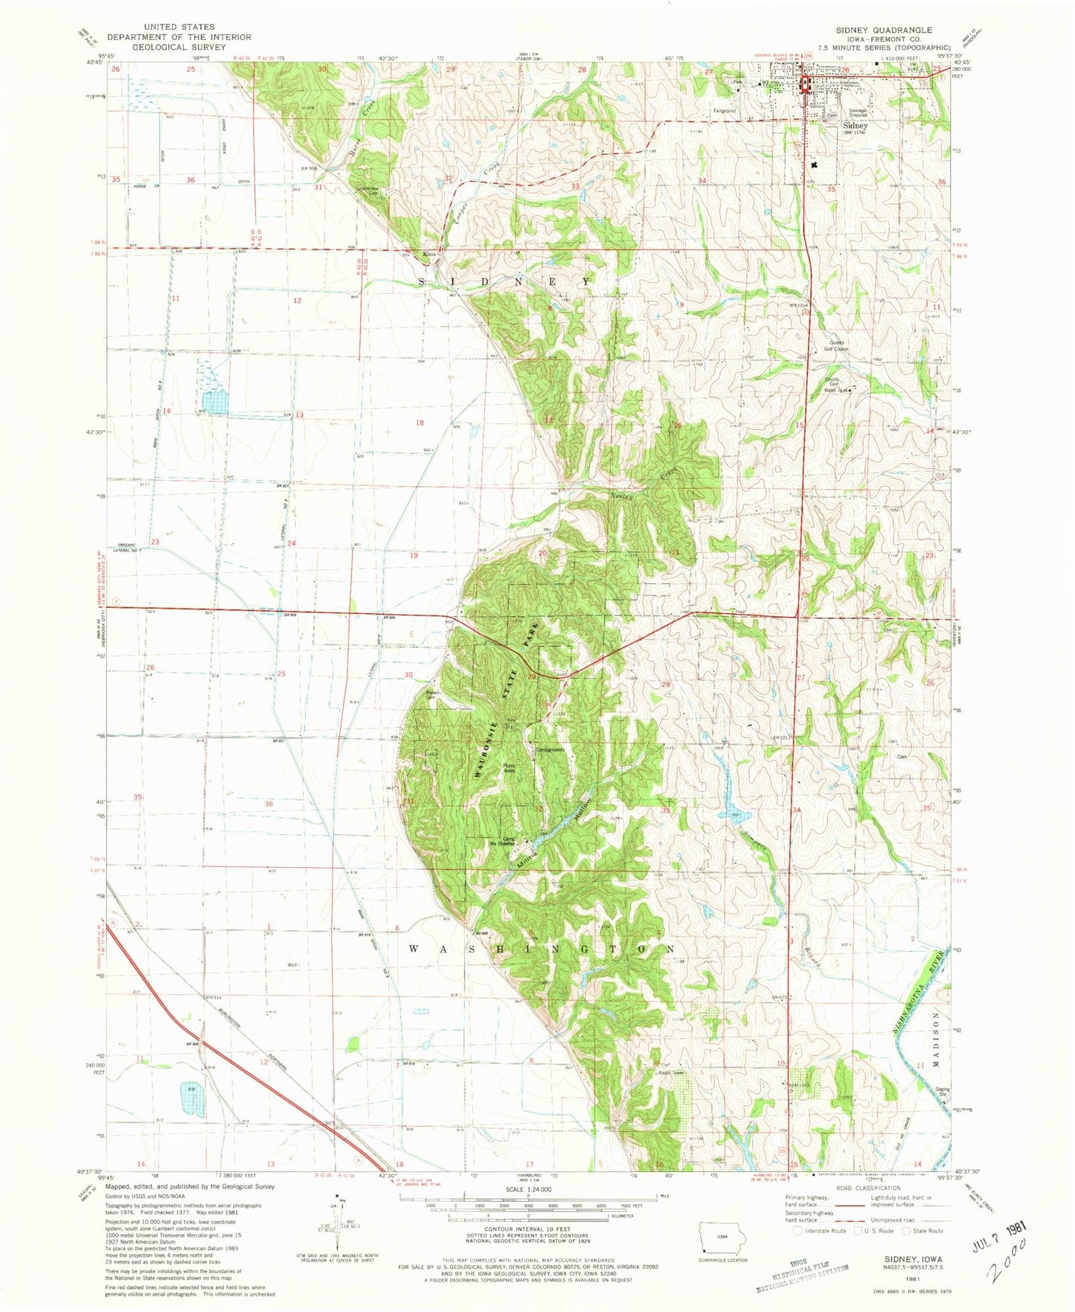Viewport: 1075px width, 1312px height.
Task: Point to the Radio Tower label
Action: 670,1072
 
